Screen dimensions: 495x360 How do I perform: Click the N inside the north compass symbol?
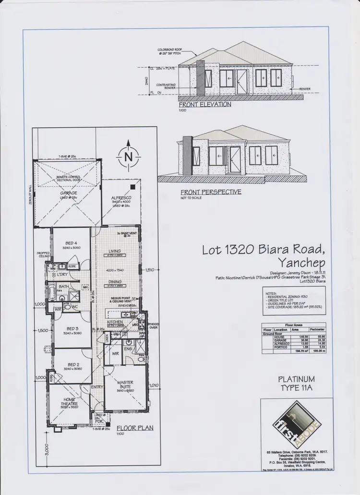pyautogui.click(x=128, y=157)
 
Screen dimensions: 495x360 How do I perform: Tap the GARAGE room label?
pyautogui.click(x=69, y=193)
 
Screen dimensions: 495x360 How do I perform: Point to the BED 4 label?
pyautogui.click(x=71, y=243)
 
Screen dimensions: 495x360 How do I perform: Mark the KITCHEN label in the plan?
pyautogui.click(x=115, y=322)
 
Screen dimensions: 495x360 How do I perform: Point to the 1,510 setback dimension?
pyautogui.click(x=151, y=269)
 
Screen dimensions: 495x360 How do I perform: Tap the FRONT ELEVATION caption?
pyautogui.click(x=205, y=104)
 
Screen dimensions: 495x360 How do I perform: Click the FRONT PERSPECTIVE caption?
pyautogui.click(x=210, y=192)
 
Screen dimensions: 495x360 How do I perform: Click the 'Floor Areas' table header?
pyautogui.click(x=298, y=325)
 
